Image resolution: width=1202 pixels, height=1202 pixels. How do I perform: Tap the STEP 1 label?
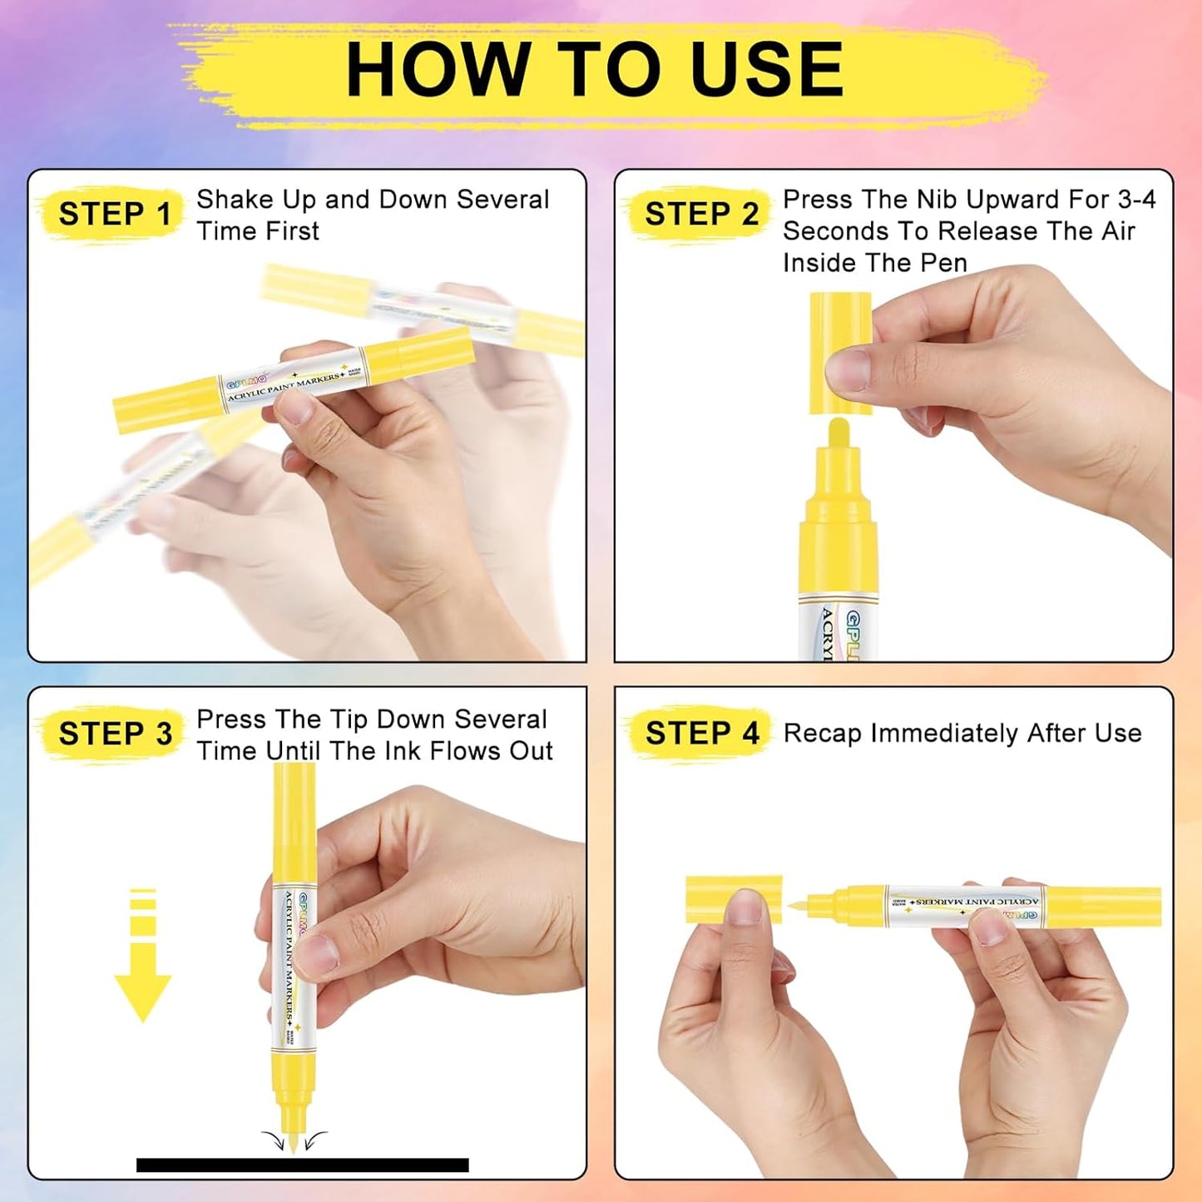click(x=115, y=214)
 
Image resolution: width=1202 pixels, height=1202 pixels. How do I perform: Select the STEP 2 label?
click(x=701, y=214)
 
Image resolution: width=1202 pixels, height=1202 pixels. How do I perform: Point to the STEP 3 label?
click(x=115, y=734)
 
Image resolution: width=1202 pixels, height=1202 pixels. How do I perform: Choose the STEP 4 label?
click(x=701, y=734)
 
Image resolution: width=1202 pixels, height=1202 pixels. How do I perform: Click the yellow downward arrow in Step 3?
click(x=143, y=957)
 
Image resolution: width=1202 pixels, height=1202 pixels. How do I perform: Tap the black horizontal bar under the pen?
click(x=302, y=1165)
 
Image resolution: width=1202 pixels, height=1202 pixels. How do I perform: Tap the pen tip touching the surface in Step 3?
click(x=294, y=1140)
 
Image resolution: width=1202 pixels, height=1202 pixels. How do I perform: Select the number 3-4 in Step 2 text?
click(x=1136, y=200)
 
